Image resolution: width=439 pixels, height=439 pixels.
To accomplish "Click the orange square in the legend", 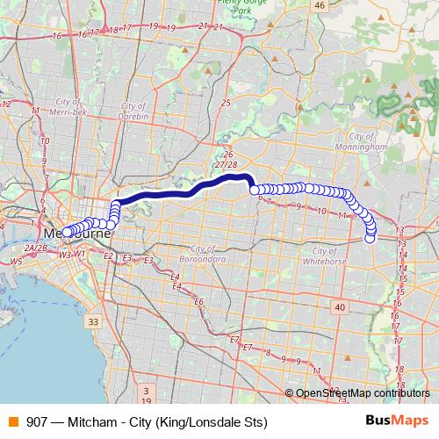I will point(12,421).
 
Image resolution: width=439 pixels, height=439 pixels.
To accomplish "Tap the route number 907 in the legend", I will point(38,421).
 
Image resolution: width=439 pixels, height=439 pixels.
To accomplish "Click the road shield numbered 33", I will point(93,322).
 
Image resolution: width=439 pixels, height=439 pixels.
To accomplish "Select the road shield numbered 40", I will point(339,306).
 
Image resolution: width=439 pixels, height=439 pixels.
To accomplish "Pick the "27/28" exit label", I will point(226,164).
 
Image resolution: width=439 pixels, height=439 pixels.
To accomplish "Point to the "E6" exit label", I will point(198,302).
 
